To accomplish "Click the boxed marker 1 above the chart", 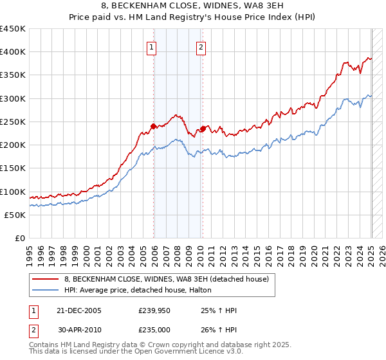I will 151,46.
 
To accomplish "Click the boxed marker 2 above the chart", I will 201,46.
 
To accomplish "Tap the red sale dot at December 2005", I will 154,126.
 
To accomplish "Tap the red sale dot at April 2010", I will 203,129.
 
